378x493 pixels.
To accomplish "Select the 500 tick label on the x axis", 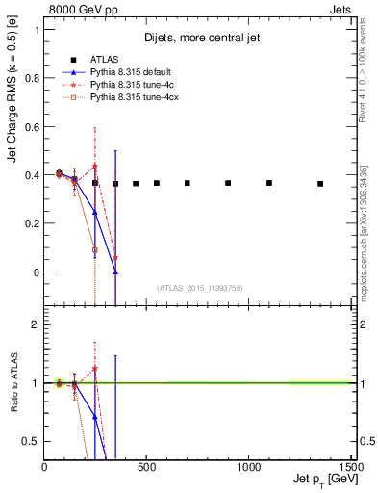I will pyautogui.click(x=146, y=468).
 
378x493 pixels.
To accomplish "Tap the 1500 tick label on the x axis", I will pyautogui.click(x=350, y=468).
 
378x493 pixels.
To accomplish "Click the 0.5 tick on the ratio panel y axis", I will pyautogui.click(x=33, y=441).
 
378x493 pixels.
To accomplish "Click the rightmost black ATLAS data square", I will pyautogui.click(x=320, y=183).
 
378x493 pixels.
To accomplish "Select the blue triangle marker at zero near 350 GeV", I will pyautogui.click(x=115, y=272).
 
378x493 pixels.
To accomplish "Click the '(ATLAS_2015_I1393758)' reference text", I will pyautogui.click(x=199, y=287).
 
